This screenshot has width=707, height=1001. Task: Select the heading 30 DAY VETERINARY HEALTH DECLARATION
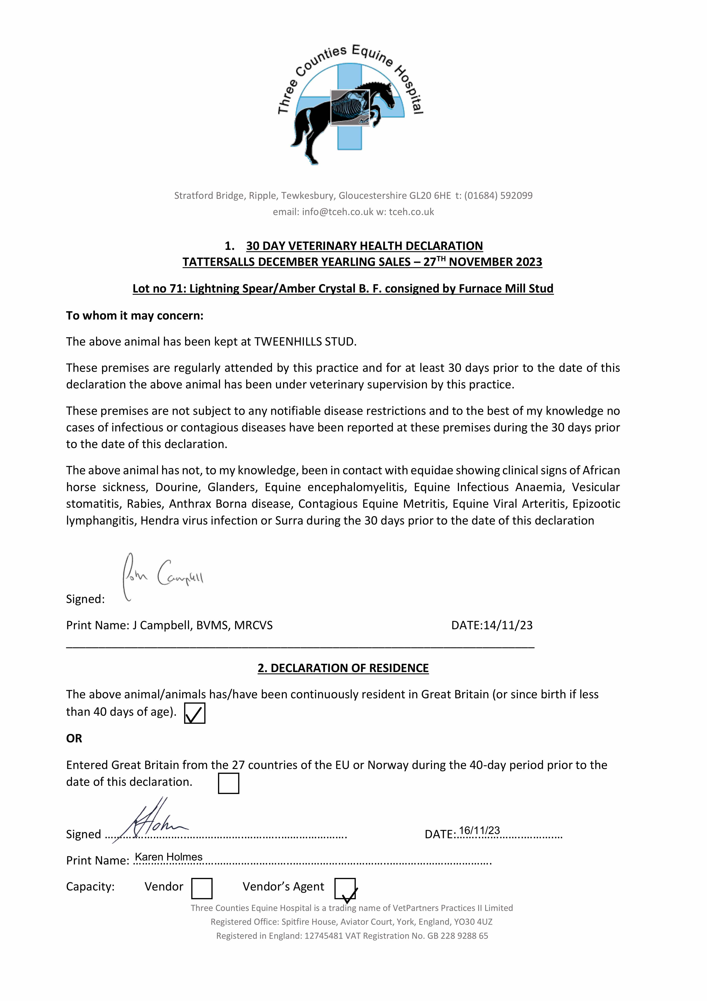[364, 246]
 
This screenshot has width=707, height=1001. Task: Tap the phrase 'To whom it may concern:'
[135, 316]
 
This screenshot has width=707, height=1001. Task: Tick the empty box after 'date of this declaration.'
[228, 783]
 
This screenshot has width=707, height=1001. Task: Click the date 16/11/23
[479, 831]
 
